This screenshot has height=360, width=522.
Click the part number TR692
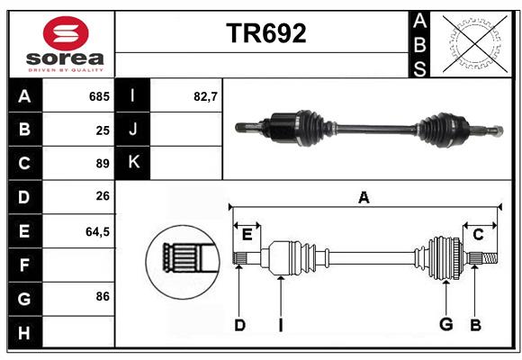(x=266, y=33)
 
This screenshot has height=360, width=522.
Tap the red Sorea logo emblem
(x=66, y=33)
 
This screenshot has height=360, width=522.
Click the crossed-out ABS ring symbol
(x=475, y=43)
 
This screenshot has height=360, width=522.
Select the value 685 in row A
(x=99, y=96)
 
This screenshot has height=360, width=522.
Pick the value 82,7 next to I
(x=205, y=96)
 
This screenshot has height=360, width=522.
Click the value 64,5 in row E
(x=97, y=231)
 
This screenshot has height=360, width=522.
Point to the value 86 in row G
(x=103, y=296)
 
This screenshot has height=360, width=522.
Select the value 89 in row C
(x=103, y=164)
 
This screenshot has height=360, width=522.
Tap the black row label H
(x=25, y=332)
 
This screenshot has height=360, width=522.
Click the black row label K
(x=132, y=162)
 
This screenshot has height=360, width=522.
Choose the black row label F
(x=25, y=265)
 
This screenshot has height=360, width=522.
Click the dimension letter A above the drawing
(x=364, y=197)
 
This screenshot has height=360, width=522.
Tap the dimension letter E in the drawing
(x=247, y=235)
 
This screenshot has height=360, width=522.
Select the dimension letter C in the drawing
(x=478, y=235)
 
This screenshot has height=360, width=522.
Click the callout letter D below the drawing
(x=239, y=325)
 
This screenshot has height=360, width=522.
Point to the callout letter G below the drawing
(x=445, y=324)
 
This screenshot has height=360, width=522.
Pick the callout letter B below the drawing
(x=475, y=325)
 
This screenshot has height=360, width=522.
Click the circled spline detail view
(x=183, y=262)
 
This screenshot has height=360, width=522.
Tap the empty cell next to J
(x=185, y=129)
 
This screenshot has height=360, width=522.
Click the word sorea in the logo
(x=65, y=58)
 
